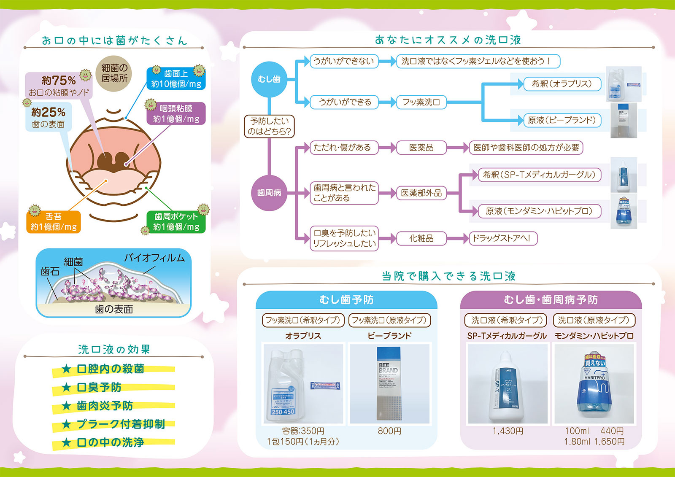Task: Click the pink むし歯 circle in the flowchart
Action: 269,79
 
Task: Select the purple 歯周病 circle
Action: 269,193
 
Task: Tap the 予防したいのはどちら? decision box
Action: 269,126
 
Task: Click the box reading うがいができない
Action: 343,61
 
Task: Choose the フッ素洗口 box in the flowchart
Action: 421,102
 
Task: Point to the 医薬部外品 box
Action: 421,193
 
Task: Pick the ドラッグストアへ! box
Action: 503,238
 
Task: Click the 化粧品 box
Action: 421,238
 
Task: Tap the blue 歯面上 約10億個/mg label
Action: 176,79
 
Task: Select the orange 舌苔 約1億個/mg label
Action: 53,222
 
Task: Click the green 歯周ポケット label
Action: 176,222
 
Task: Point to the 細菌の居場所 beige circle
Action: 114,73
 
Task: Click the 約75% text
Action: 59,80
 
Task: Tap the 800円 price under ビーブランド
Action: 389,431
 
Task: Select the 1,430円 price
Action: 508,431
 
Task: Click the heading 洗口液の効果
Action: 114,350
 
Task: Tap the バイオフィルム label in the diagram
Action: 154,258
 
